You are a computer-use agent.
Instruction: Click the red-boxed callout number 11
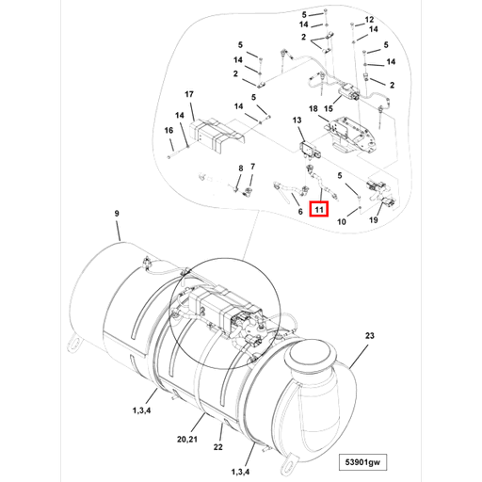coord(319,209)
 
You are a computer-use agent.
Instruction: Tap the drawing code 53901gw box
coord(362,462)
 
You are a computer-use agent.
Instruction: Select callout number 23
coord(370,336)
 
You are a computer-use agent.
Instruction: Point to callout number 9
coord(117,214)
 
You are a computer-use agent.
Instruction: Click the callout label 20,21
coord(187,439)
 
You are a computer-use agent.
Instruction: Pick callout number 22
coord(217,447)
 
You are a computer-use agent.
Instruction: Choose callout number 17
coord(189,94)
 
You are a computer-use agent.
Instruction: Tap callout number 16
coord(169,130)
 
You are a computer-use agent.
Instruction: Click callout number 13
coord(297,120)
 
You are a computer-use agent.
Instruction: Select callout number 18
coord(313,109)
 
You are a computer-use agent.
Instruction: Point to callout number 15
coord(329,109)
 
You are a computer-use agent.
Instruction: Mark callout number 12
coord(369,20)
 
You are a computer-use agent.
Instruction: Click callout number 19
coord(373,220)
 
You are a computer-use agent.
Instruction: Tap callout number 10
coord(342,222)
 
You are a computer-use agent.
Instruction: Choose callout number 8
coord(241,169)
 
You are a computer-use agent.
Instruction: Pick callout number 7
coord(252,167)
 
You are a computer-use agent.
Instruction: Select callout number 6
coord(300,212)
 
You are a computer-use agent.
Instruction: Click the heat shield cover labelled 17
coord(217,136)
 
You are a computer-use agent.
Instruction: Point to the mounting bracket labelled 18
coord(351,135)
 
